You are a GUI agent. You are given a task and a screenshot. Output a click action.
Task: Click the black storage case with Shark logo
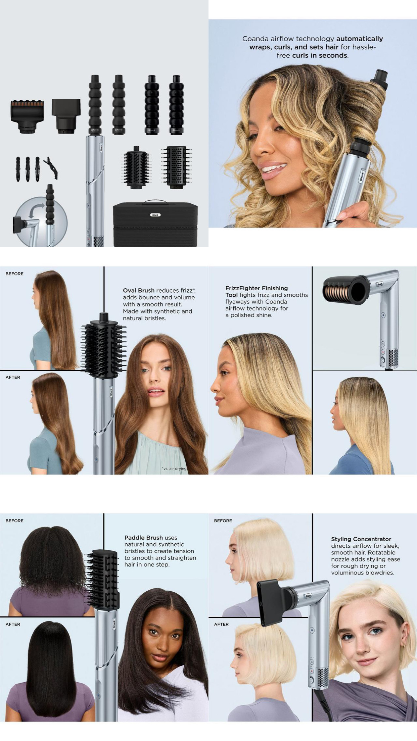[x=155, y=224]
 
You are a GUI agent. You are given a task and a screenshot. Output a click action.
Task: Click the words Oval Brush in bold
[x=139, y=290]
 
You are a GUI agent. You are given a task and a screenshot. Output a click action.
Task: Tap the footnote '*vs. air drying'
[x=174, y=468]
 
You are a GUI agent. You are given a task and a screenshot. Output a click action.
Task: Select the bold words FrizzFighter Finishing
[x=257, y=288]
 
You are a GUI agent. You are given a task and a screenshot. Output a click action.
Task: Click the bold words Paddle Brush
[x=144, y=537]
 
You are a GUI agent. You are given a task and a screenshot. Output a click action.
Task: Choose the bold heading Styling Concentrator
[x=361, y=539]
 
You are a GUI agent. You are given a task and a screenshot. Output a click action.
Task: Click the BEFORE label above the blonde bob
[x=223, y=521]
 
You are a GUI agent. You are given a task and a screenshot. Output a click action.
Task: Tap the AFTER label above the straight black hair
[x=13, y=624]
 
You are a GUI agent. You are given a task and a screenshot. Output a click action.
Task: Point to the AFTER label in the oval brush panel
[x=13, y=377]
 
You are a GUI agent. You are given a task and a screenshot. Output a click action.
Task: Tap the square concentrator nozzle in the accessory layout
[x=66, y=116]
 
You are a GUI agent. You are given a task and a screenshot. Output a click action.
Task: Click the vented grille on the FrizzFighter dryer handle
[x=393, y=358]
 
